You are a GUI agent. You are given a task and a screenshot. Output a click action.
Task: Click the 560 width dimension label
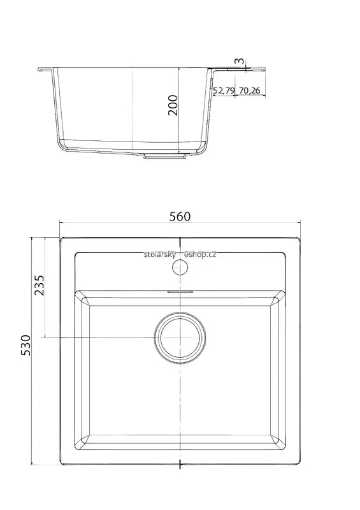pos(180,216)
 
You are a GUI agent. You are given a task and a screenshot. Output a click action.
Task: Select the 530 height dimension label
pos(25,345)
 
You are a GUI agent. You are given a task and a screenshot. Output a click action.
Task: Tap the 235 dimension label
pos(40,285)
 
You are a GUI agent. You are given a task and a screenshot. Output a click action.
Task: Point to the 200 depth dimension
pos(173,105)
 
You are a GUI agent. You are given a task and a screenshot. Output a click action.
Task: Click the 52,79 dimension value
pos(224,91)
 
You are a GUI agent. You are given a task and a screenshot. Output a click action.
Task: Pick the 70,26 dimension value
pos(249,91)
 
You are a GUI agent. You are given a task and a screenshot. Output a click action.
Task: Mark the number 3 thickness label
pos(239,61)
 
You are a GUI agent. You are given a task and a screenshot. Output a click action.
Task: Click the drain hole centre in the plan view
pos(180,337)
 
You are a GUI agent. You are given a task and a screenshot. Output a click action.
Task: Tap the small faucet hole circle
pos(180,267)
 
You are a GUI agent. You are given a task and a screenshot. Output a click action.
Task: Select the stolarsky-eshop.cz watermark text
pos(180,254)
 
